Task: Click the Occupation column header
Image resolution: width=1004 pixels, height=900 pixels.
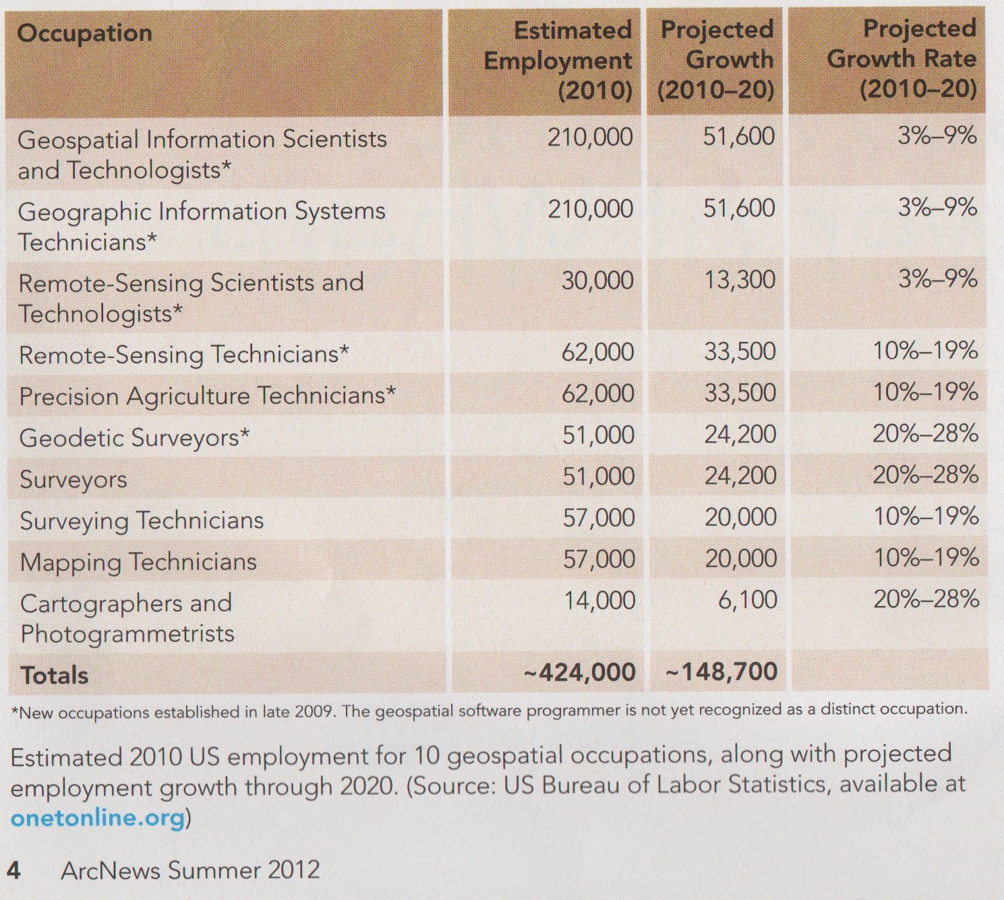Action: (85, 34)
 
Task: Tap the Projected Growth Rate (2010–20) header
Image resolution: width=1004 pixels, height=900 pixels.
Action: (902, 59)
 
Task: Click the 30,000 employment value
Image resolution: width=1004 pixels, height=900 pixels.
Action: (597, 281)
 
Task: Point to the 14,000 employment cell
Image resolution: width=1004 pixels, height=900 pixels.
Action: (599, 601)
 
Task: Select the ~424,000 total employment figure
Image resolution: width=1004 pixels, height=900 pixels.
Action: (579, 673)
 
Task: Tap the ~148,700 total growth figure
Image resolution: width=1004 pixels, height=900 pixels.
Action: (721, 672)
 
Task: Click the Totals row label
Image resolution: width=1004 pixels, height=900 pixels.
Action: (55, 676)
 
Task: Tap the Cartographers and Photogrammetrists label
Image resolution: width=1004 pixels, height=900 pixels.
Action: (127, 618)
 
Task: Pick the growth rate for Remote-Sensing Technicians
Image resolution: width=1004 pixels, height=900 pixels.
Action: (925, 351)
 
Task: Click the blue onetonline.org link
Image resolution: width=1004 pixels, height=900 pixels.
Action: (98, 818)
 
